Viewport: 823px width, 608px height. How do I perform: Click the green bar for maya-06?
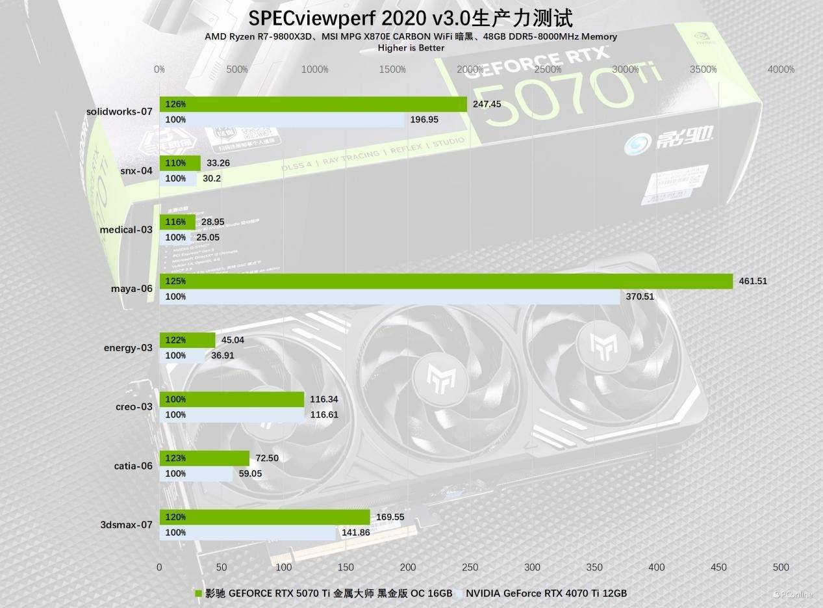[x=446, y=281]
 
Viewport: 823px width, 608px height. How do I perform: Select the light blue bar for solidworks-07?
[x=281, y=120]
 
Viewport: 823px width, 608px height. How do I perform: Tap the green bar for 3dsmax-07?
[x=264, y=517]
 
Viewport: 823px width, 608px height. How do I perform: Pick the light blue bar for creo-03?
[x=232, y=415]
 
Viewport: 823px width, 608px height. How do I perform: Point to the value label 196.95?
[x=425, y=120]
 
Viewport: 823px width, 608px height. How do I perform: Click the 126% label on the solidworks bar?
[x=175, y=104]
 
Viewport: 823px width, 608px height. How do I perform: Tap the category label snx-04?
[x=137, y=170]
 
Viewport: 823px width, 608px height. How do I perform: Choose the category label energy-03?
[x=128, y=348]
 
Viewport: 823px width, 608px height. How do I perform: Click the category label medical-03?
[x=126, y=230]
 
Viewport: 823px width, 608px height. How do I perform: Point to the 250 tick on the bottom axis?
[x=470, y=567]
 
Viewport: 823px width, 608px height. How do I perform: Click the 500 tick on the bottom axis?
[x=781, y=567]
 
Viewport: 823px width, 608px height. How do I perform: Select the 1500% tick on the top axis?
[x=392, y=70]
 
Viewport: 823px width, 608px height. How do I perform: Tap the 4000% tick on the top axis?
[x=781, y=70]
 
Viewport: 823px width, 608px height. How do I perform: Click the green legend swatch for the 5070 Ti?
[x=199, y=593]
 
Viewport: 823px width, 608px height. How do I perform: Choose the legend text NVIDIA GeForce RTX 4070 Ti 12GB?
[x=546, y=593]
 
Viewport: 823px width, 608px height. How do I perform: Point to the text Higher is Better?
[x=411, y=48]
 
